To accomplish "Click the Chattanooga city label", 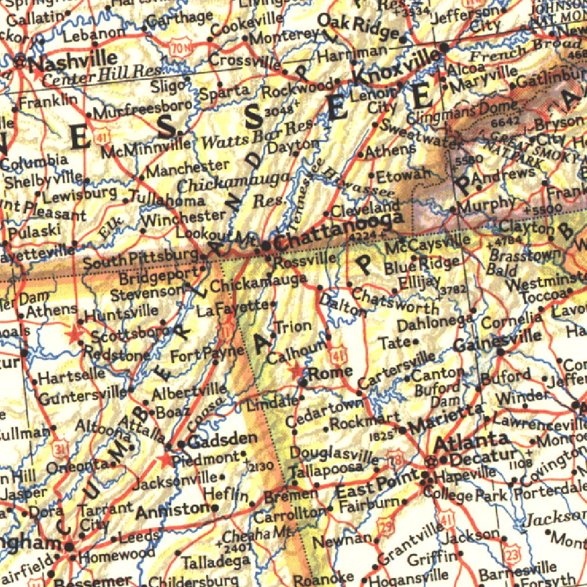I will [338, 232].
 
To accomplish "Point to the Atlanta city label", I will [470, 443].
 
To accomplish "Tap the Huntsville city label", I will [122, 314].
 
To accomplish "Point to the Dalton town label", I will [343, 304].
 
